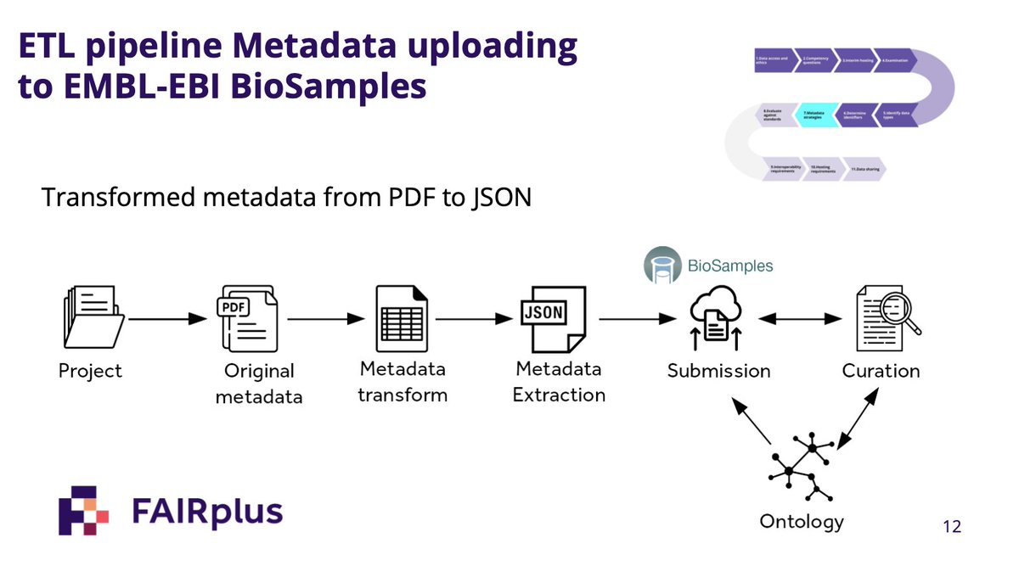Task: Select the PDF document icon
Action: click(x=246, y=318)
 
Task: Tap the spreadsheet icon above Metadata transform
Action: click(x=402, y=318)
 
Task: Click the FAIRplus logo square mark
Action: click(x=83, y=510)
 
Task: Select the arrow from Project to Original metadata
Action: click(x=167, y=320)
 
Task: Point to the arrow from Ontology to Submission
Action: click(x=753, y=423)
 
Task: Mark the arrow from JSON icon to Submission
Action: click(x=631, y=320)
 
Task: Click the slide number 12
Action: click(x=952, y=527)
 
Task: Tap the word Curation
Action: click(x=881, y=371)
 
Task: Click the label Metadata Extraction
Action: click(x=559, y=382)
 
